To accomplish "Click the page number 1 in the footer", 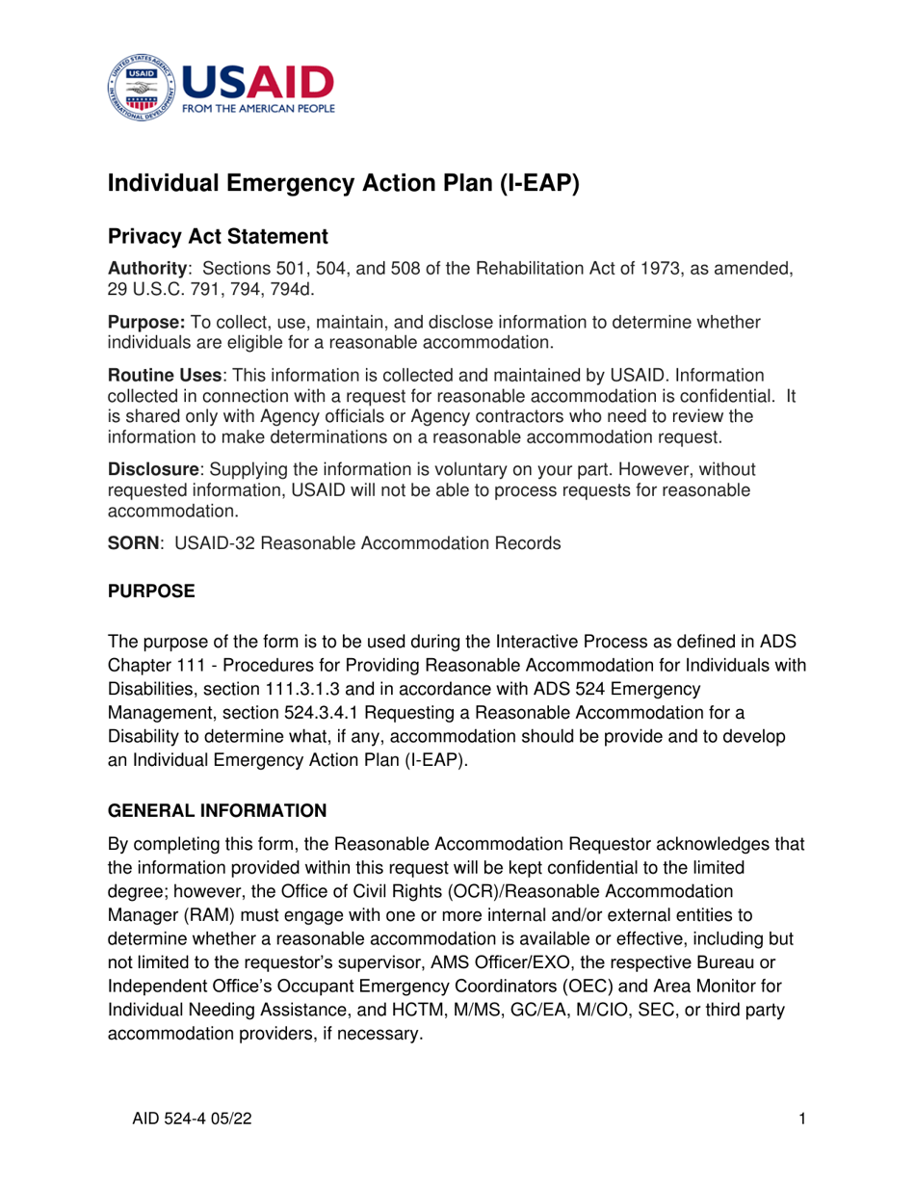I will pyautogui.click(x=802, y=1118).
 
